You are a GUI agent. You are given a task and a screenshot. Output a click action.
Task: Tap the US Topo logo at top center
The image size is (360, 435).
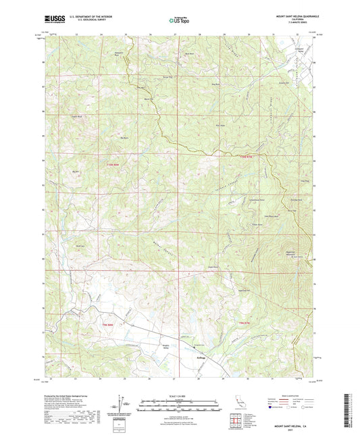[178, 22]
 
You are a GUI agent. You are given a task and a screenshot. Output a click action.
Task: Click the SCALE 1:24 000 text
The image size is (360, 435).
[179, 395]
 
